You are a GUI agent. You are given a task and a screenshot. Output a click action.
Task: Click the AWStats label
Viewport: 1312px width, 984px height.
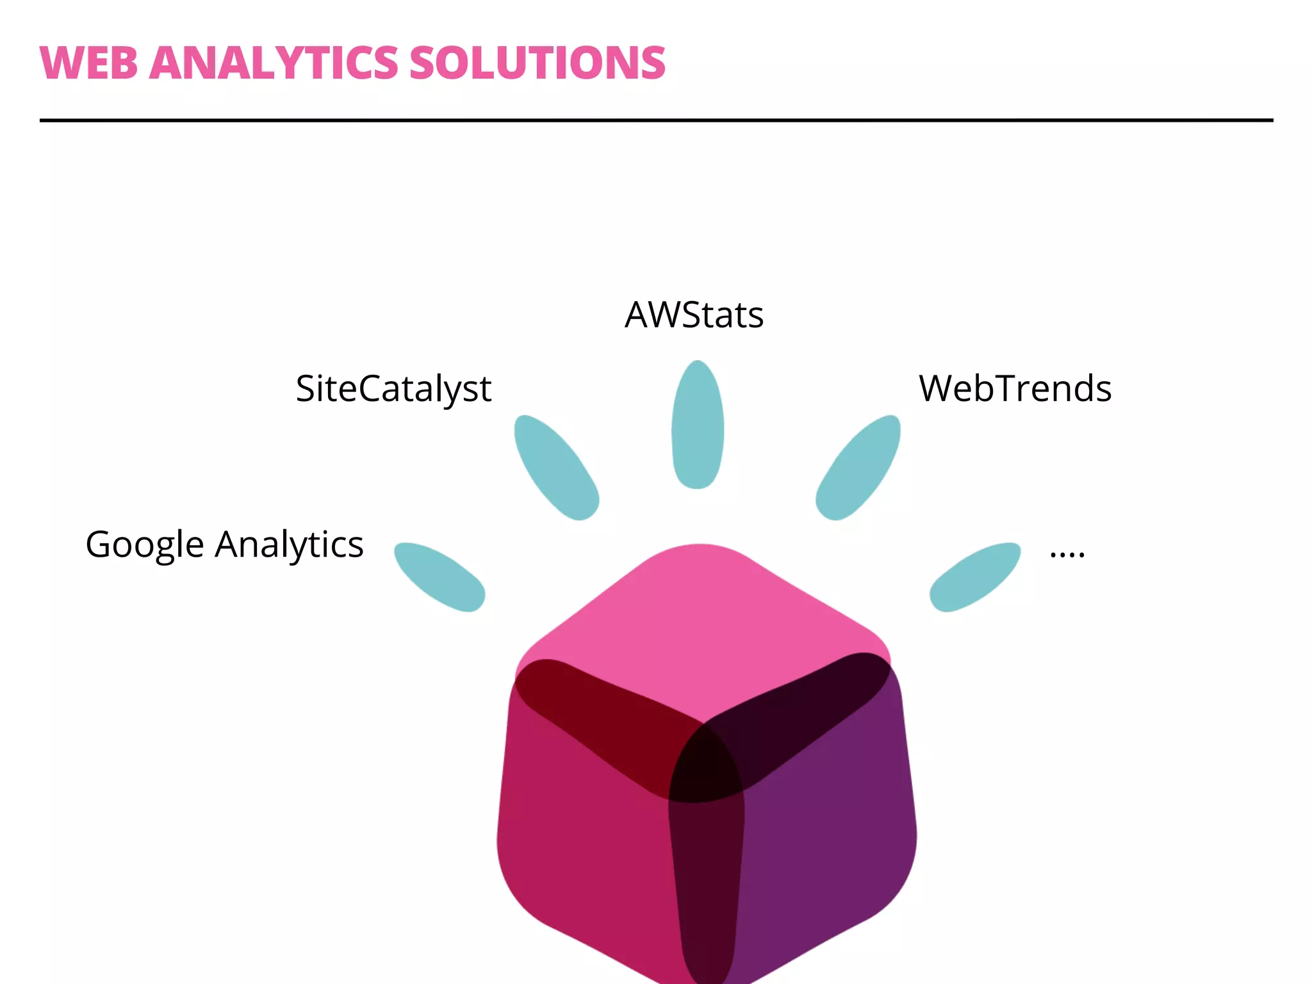(x=694, y=315)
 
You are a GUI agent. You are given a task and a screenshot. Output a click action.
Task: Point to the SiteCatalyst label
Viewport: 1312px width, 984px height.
(x=393, y=389)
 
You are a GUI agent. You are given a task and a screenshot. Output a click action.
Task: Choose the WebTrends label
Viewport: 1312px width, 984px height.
(x=1015, y=388)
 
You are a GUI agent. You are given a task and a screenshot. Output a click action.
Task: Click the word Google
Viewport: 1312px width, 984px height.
(x=145, y=545)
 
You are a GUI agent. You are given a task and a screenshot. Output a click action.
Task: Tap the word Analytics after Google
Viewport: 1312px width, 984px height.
(x=289, y=545)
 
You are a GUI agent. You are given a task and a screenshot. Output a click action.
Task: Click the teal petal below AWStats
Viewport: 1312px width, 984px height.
(x=698, y=425)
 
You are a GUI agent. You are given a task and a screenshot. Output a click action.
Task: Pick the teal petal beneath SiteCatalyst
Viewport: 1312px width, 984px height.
(x=556, y=468)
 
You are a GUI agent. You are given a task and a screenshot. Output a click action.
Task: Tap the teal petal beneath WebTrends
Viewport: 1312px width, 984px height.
(x=858, y=468)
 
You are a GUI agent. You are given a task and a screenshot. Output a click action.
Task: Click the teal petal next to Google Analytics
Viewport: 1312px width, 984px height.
(x=439, y=577)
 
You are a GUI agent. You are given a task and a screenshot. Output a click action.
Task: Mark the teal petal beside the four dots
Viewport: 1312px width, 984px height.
(x=975, y=577)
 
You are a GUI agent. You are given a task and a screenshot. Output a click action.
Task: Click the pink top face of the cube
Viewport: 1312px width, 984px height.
(x=701, y=621)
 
